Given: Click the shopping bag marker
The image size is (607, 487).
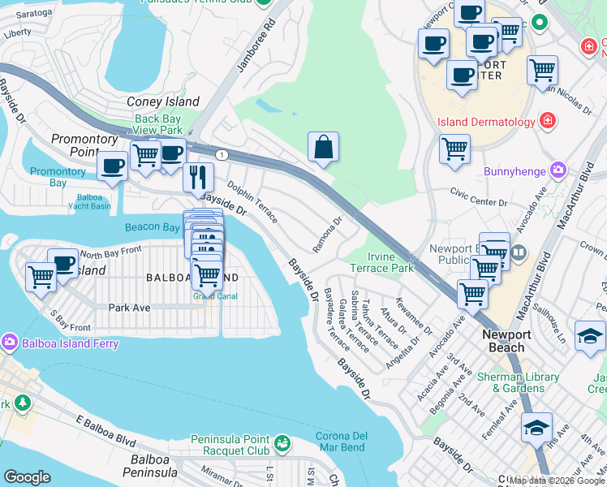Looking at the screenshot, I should coord(323,148).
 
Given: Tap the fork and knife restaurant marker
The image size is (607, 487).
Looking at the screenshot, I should coord(198,176).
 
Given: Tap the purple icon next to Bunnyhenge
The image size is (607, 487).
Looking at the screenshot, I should coord(557,171).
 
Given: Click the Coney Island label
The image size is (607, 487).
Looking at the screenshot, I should coord(163,102).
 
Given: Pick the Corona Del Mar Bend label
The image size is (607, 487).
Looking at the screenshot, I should coord(341,442).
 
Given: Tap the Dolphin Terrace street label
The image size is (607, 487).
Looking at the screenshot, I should coord(252,202).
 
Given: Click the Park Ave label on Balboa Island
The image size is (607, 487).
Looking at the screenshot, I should coord(130,308).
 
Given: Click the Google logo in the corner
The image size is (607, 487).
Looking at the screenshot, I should coord(28,476).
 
